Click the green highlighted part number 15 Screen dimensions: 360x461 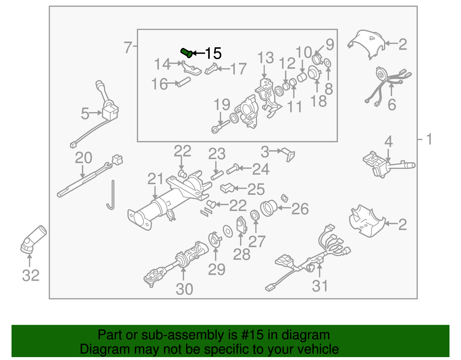pyautogui.click(x=187, y=53)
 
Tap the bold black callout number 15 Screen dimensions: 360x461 pyautogui.click(x=213, y=53)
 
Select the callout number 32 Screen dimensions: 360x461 pyautogui.click(x=31, y=276)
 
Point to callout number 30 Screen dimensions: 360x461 pyautogui.click(x=184, y=289)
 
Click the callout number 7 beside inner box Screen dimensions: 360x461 pyautogui.click(x=128, y=47)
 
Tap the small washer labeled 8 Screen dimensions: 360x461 pyautogui.click(x=328, y=63)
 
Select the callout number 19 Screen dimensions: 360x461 pyautogui.click(x=222, y=104)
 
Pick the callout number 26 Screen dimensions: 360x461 pyautogui.click(x=300, y=209)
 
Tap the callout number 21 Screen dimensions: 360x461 pyautogui.click(x=155, y=179)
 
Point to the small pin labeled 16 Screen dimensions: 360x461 pyautogui.click(x=184, y=82)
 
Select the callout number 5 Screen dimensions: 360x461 pyautogui.click(x=85, y=113)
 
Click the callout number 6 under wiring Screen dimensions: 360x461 pyautogui.click(x=392, y=104)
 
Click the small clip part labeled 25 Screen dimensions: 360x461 pyautogui.click(x=227, y=188)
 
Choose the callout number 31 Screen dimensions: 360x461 pyautogui.click(x=320, y=286)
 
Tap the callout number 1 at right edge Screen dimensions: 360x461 pyautogui.click(x=429, y=139)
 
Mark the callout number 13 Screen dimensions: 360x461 pyautogui.click(x=265, y=58)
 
